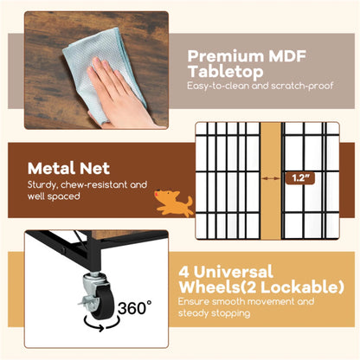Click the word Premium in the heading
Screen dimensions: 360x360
(226, 56)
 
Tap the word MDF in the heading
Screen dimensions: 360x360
(287, 56)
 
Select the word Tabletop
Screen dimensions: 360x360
(225, 72)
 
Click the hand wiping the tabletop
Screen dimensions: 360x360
(121, 95)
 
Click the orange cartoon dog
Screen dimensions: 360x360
(174, 202)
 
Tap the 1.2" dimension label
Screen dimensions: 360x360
(300, 178)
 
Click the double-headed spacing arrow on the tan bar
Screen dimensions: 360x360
(271, 178)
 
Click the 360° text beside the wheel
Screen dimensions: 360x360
(134, 307)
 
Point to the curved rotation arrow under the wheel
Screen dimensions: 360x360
(101, 324)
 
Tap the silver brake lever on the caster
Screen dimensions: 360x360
(85, 302)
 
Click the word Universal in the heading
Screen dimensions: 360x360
(233, 272)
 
